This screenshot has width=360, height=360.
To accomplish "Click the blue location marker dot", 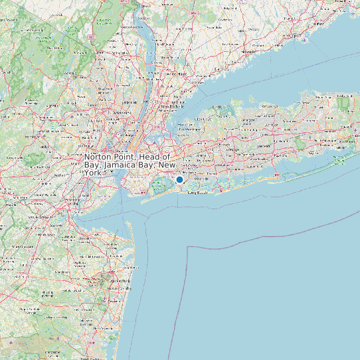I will (179, 179).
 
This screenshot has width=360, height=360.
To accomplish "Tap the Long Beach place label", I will (198, 193).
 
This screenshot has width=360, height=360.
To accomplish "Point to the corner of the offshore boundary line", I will (189, 246).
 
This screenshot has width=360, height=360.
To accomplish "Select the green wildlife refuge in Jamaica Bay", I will (157, 188).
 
